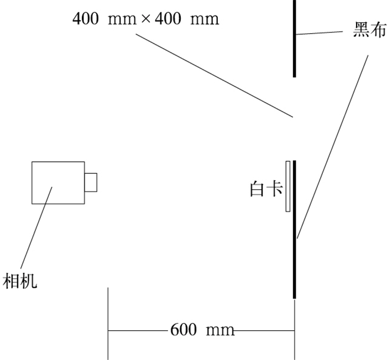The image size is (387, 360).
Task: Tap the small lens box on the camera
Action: tap(91, 182)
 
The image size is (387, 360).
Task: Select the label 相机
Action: tap(20, 280)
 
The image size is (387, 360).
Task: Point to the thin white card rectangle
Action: tap(288, 186)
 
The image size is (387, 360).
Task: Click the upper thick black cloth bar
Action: tap(295, 39)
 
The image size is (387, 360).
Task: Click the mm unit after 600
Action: tap(220, 330)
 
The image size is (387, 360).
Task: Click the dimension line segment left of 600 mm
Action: tap(138, 331)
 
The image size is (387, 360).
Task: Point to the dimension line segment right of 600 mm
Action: tap(265, 331)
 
